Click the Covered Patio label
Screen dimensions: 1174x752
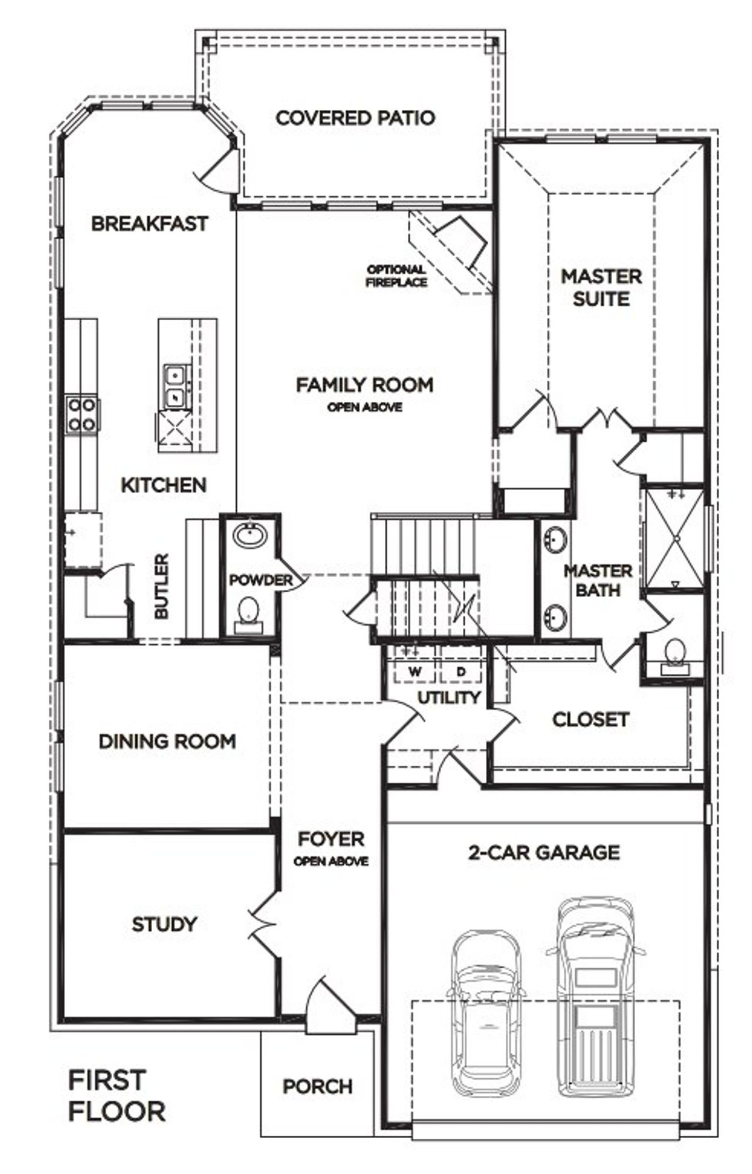click(x=355, y=118)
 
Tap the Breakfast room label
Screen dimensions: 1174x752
click(x=149, y=224)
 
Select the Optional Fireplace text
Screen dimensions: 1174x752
click(x=397, y=276)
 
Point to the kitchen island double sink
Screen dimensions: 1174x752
click(x=174, y=385)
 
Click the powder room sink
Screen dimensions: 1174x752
click(x=250, y=535)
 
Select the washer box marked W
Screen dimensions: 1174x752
click(x=415, y=671)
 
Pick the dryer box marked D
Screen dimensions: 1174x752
click(x=461, y=671)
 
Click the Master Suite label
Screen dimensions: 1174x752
click(x=601, y=287)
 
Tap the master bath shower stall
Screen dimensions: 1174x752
click(x=676, y=538)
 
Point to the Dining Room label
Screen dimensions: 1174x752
click(x=167, y=742)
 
